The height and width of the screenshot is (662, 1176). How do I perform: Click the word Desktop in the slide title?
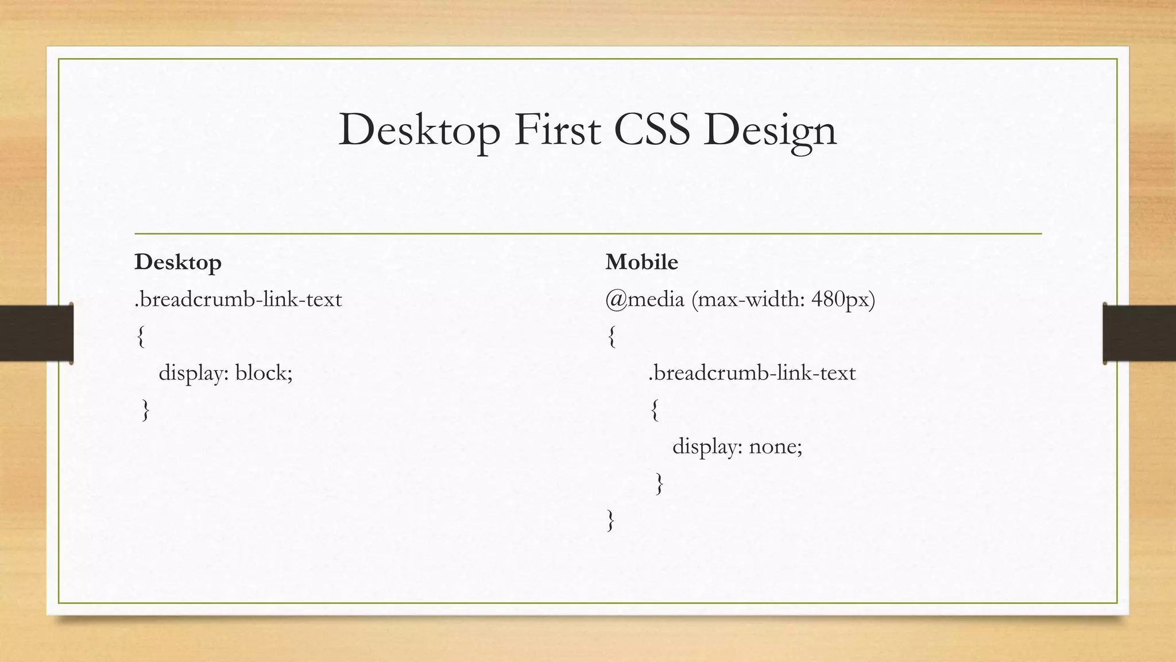[x=419, y=130]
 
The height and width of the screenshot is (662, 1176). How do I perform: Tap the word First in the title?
[x=557, y=130]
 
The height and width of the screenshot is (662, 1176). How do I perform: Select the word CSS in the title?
[x=651, y=130]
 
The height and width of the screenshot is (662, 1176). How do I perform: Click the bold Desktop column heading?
[x=178, y=263]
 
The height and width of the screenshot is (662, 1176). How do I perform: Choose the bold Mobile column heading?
[x=641, y=263]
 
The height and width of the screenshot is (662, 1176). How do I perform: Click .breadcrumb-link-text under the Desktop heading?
[x=238, y=299]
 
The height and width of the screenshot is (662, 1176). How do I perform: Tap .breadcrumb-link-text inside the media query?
[x=752, y=374]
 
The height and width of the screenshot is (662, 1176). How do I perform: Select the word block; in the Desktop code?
[x=264, y=374]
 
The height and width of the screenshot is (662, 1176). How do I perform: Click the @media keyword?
[x=645, y=299]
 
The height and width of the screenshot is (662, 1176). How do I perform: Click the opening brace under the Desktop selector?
[x=141, y=337]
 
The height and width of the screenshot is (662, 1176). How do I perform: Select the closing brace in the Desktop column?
[x=146, y=410]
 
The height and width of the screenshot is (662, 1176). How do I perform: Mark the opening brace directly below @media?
[x=612, y=337]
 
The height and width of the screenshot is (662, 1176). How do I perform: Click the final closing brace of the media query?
[x=610, y=521]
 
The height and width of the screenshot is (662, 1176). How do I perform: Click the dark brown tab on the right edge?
[x=1139, y=333]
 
